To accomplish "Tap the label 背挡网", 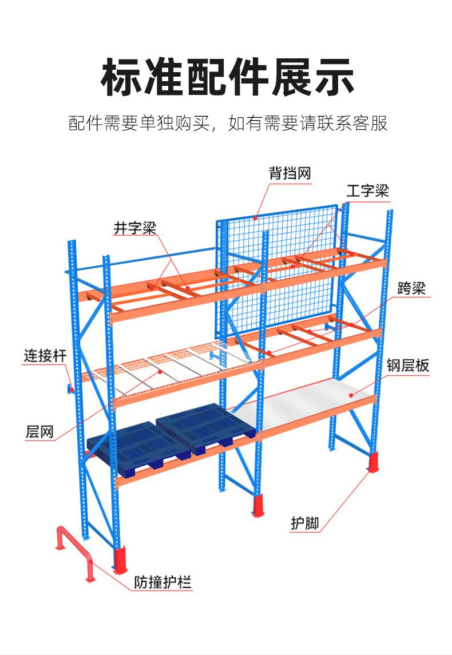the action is [290, 173].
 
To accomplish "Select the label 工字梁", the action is [367, 190].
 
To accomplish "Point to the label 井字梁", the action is [134, 228].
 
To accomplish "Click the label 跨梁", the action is [411, 289].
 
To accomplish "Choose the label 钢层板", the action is [407, 366].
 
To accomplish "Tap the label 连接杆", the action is [45, 356].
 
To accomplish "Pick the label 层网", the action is [39, 431].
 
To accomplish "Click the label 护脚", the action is [304, 522].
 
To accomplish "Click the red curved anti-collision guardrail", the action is [74, 549].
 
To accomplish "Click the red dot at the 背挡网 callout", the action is [257, 216].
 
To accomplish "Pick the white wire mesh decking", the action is [166, 369].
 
